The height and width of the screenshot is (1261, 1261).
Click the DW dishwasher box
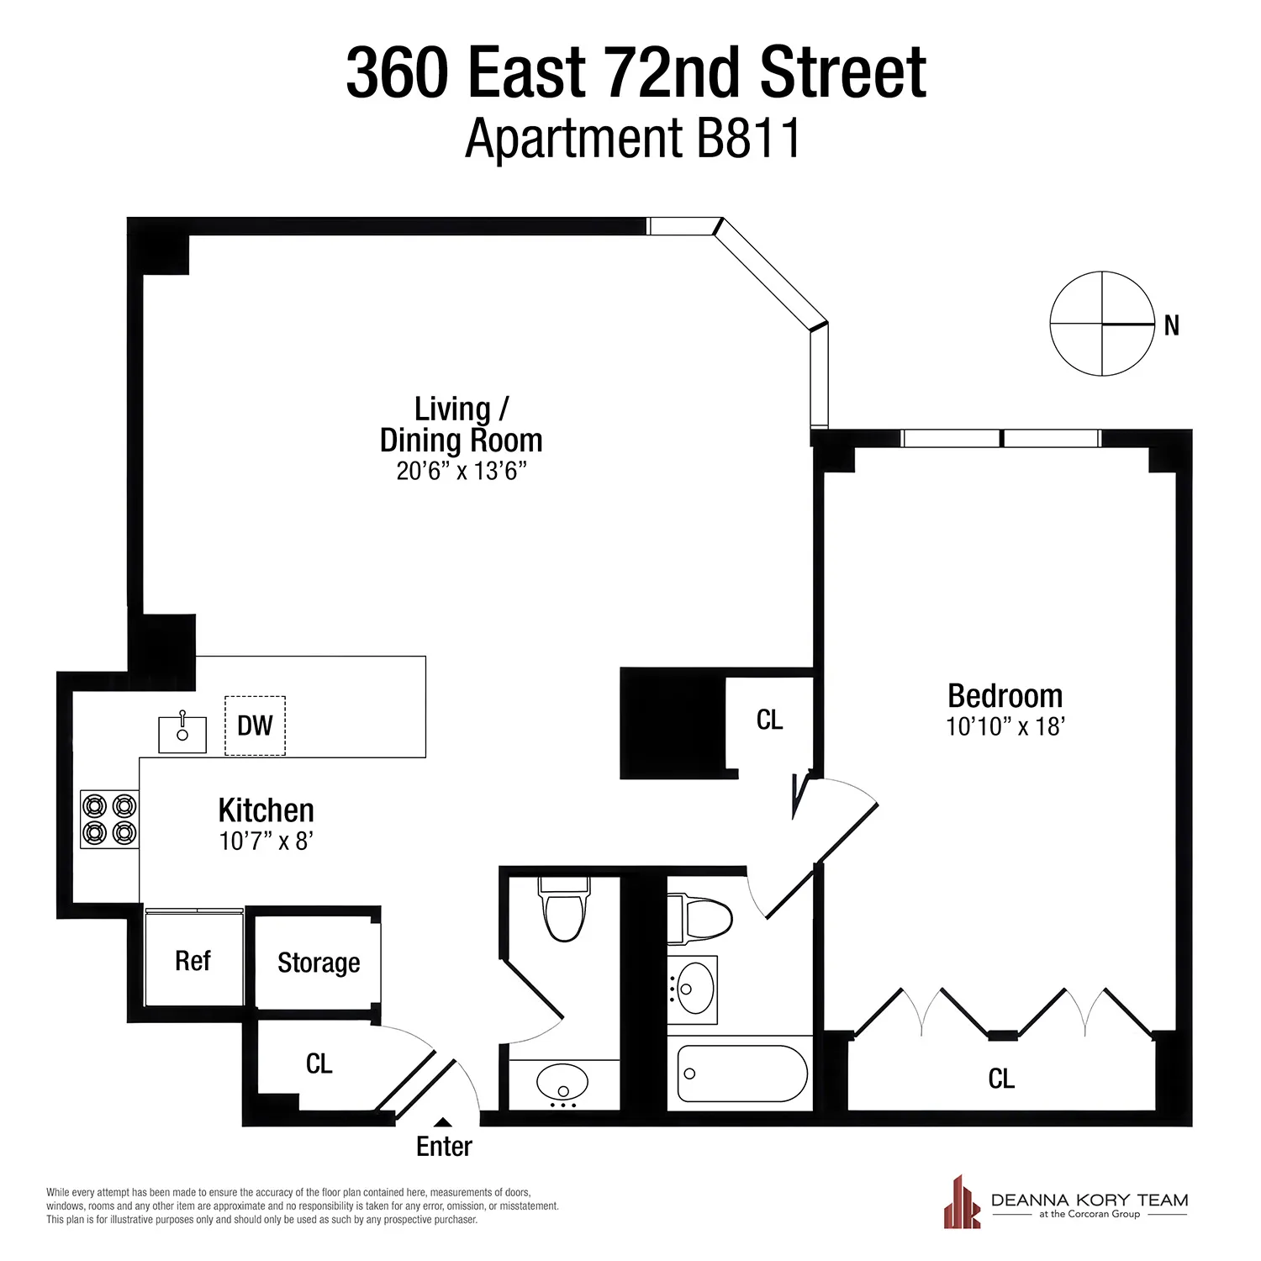click(x=255, y=725)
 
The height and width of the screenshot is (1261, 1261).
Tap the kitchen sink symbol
click(x=182, y=734)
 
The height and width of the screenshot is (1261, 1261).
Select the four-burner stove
click(x=109, y=820)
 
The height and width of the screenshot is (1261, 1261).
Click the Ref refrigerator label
click(x=193, y=961)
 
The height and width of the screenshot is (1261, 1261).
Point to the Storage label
click(x=319, y=963)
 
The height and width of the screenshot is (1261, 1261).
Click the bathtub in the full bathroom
click(x=741, y=1074)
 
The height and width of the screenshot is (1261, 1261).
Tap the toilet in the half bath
click(x=564, y=912)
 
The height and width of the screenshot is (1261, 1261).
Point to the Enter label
click(x=444, y=1147)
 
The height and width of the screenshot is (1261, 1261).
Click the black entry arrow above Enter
click(x=443, y=1122)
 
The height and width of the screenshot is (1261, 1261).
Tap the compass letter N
click(x=1172, y=326)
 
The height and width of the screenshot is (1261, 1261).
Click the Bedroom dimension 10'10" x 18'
click(x=1005, y=726)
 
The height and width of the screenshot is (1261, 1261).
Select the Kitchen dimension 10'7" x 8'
click(x=266, y=841)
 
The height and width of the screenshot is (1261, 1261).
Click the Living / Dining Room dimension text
click(x=462, y=471)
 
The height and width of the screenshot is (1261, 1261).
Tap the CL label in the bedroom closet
click(x=1001, y=1079)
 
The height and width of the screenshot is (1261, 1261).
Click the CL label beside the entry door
click(x=319, y=1064)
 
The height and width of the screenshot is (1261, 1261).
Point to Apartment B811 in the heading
click(x=632, y=139)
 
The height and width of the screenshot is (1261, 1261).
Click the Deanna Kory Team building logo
click(x=962, y=1204)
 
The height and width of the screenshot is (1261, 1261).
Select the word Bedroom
click(x=1005, y=696)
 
